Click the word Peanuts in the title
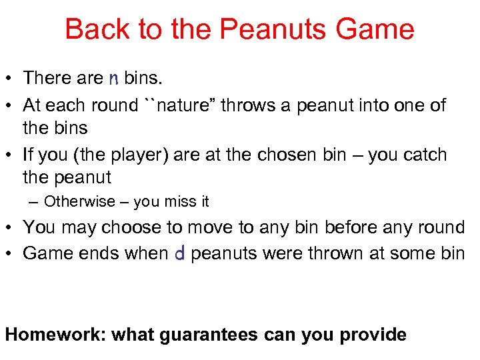257,29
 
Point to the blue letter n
113,79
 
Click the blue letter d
179,253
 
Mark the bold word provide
373,334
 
